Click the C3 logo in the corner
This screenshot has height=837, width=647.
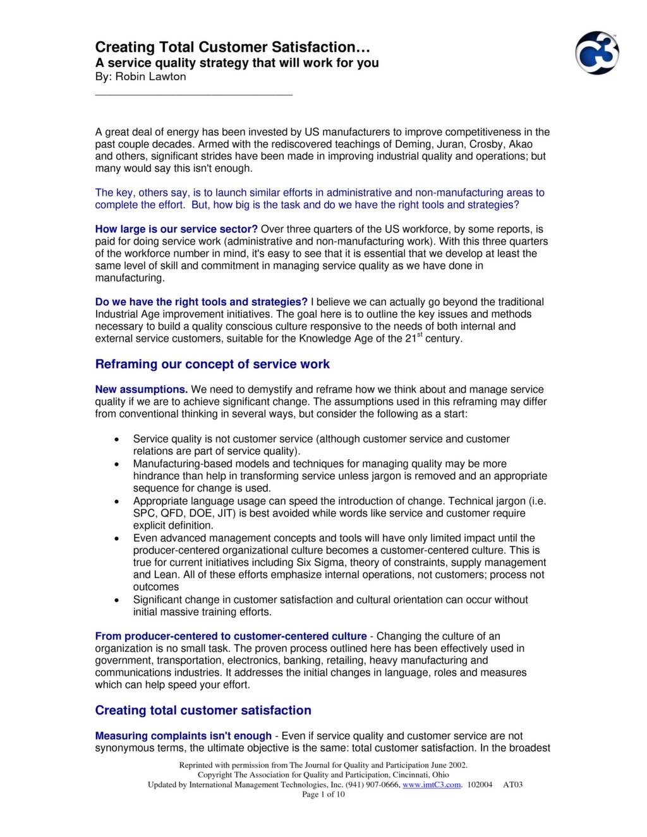pos(596,53)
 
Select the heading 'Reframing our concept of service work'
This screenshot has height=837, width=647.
pos(212,364)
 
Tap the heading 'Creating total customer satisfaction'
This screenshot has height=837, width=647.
pos(203,710)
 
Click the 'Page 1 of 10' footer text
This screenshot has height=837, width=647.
pos(323,794)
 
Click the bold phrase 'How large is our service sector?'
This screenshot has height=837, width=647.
pos(176,229)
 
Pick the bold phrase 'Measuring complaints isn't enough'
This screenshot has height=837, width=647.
pos(183,735)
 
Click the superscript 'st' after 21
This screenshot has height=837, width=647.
pos(420,335)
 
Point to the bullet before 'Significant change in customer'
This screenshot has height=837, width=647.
pos(117,600)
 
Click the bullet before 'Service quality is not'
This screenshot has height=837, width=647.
pos(117,440)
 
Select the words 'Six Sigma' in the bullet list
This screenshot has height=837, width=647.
pos(318,562)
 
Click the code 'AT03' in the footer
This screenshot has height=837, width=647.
pos(512,785)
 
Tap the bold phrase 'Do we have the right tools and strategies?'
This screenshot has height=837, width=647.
pos(201,302)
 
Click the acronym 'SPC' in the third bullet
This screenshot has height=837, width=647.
pos(143,513)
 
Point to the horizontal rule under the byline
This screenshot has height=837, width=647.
pos(193,95)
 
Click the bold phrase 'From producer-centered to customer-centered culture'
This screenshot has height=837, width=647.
pos(231,636)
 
